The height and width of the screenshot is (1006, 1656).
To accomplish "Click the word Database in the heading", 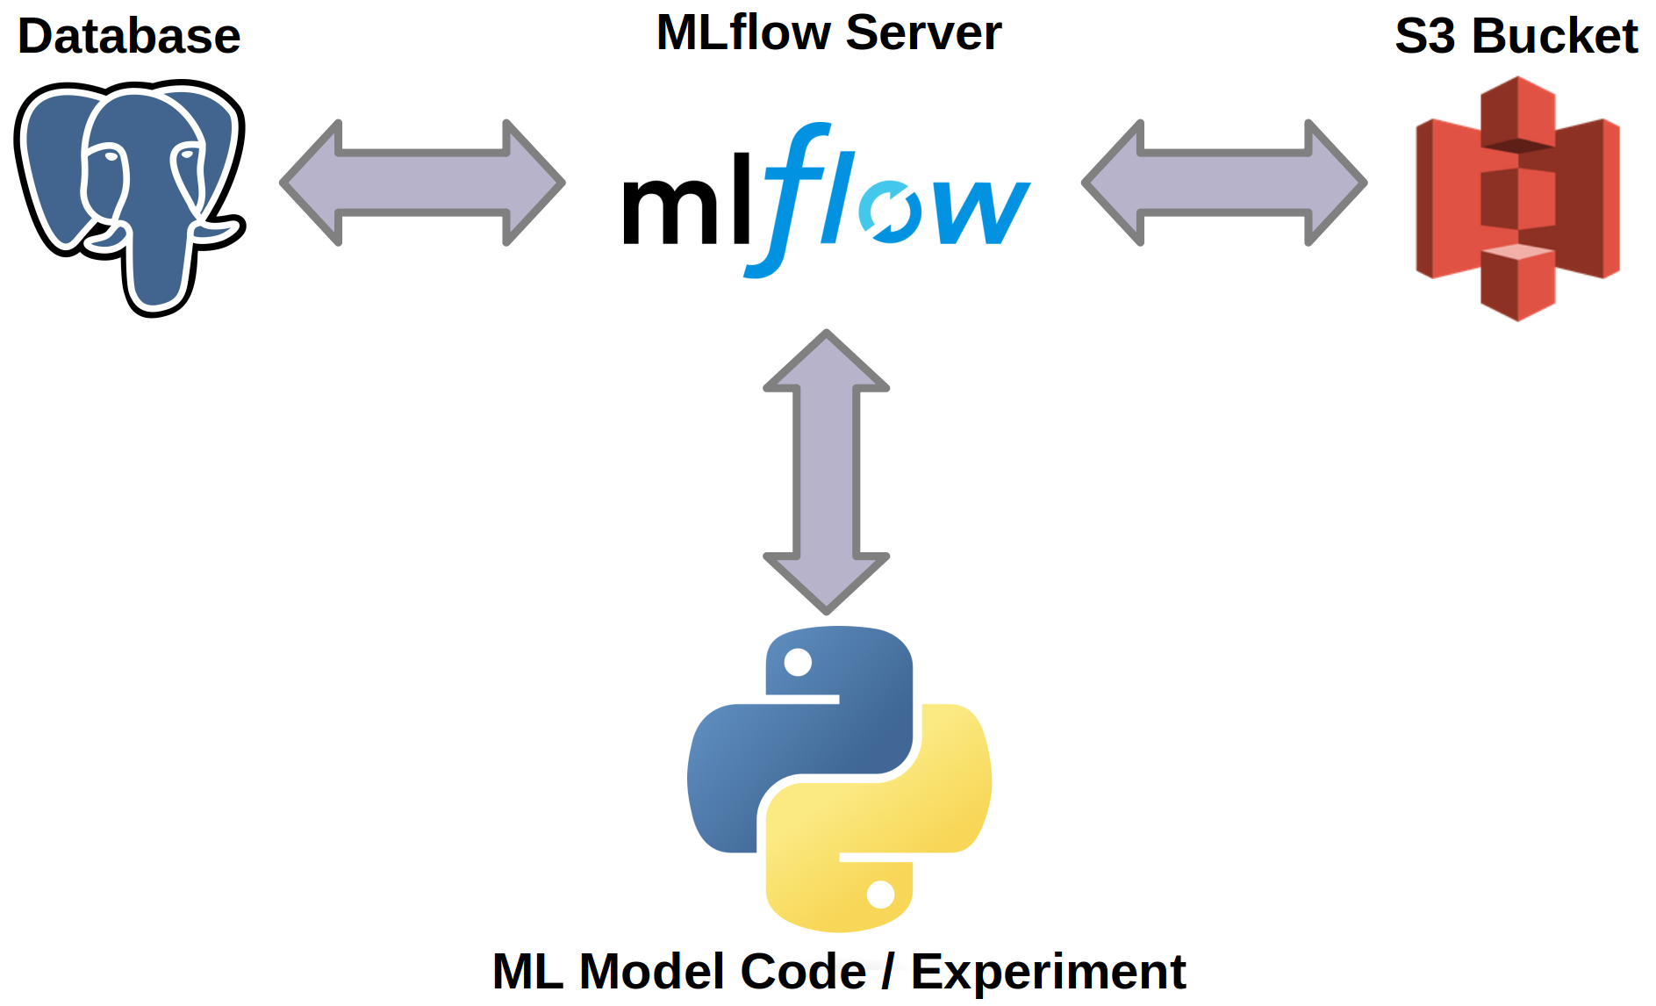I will point(129,37).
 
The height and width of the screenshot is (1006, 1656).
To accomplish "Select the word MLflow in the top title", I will point(743,33).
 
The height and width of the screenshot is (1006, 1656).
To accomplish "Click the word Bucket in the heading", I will point(1554,37).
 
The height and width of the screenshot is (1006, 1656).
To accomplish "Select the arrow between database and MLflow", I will point(422,183).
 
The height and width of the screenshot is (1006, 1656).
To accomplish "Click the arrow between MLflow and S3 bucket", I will point(1224,183).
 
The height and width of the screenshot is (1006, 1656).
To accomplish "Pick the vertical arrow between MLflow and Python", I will point(827,471).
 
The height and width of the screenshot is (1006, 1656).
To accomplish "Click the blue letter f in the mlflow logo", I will point(790,198).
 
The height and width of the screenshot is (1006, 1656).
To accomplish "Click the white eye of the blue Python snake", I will point(798,662).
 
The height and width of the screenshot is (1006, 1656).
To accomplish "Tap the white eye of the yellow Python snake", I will point(880,895).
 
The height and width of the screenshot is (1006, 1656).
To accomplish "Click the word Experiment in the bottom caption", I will point(1048,972).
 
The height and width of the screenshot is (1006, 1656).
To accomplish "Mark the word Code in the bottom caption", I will point(803,972).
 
